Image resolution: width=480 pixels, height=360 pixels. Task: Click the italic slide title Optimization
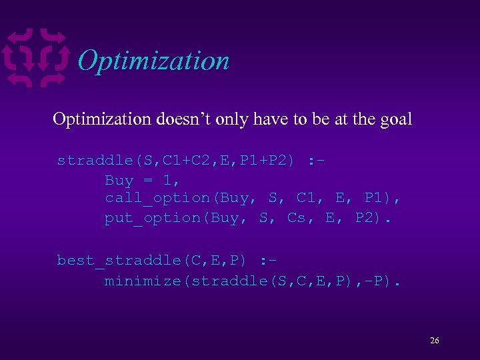153,61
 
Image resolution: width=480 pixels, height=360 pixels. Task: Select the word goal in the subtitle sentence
396,120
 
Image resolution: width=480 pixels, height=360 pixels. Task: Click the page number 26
434,341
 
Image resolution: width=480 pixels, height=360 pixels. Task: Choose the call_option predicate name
157,199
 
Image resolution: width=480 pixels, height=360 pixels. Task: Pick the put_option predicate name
153,219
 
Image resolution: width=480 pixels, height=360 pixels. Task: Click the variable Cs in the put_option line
296,219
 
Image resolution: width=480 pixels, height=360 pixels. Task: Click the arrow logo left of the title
37,59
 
